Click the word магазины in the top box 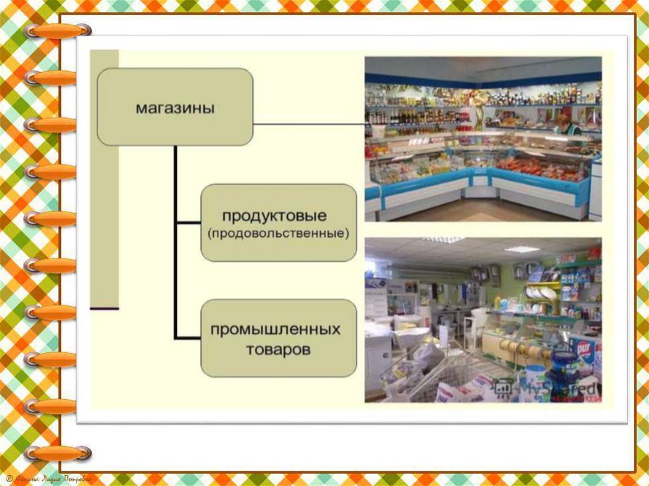coord(175,108)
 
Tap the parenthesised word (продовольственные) coord(278,233)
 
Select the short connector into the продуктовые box coord(188,223)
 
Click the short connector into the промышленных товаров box coord(188,337)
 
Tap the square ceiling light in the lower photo coord(522,249)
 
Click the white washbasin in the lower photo coord(412,333)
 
